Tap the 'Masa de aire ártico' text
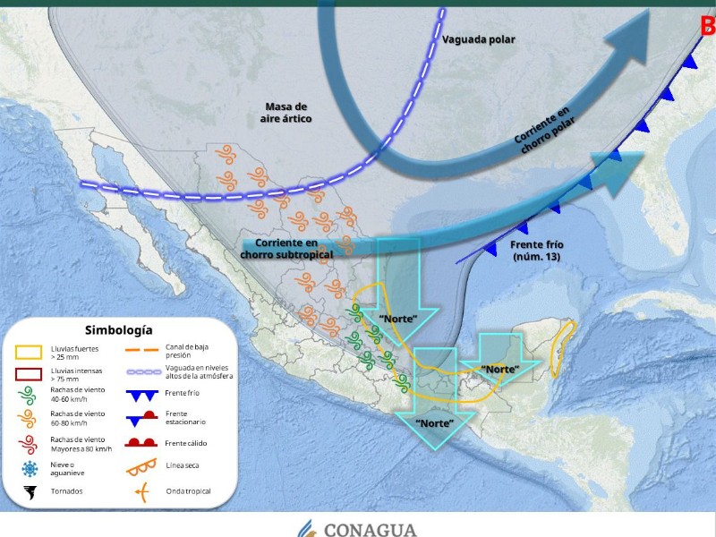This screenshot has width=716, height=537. (286, 112)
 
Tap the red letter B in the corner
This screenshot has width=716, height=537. (707, 25)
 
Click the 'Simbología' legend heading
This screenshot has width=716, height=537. (118, 330)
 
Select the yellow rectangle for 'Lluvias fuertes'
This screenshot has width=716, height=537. (30, 352)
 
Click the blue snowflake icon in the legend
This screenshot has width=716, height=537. (30, 468)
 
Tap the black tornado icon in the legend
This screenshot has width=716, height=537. (30, 491)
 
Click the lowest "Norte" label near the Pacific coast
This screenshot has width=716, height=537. (433, 422)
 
